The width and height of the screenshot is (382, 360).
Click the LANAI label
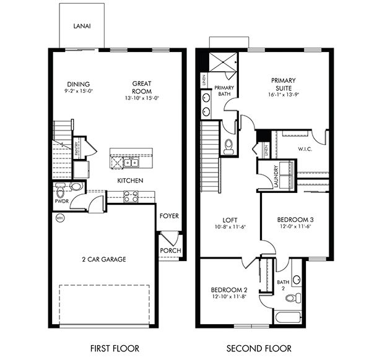[80, 27]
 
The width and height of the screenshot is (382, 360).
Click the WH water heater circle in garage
[60, 218]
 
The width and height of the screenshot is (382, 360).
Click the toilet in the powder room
[76, 186]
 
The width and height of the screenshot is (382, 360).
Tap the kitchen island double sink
[131, 163]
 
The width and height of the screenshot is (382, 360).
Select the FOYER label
[169, 216]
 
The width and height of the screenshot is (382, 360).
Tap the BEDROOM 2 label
[228, 290]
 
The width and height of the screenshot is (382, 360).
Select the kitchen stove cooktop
[131, 196]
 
